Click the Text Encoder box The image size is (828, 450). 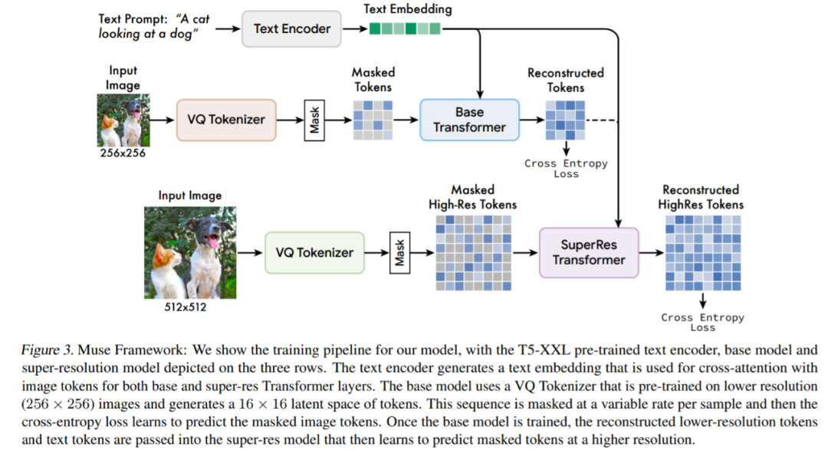tap(292, 28)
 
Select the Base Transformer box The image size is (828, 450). tap(469, 119)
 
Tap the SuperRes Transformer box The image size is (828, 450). tap(589, 252)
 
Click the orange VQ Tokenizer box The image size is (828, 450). tap(226, 120)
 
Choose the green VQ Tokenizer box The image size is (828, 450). tap(314, 252)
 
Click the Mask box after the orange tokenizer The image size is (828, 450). tap(314, 120)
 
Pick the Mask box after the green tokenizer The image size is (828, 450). tap(399, 252)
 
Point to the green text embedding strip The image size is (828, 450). tap(405, 29)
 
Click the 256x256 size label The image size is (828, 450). tap(123, 153)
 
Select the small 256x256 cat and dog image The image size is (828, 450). tap(123, 120)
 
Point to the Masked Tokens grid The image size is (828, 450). tap(373, 120)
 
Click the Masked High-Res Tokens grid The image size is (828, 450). tap(473, 252)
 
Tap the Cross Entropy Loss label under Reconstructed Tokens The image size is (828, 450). tap(566, 169)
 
